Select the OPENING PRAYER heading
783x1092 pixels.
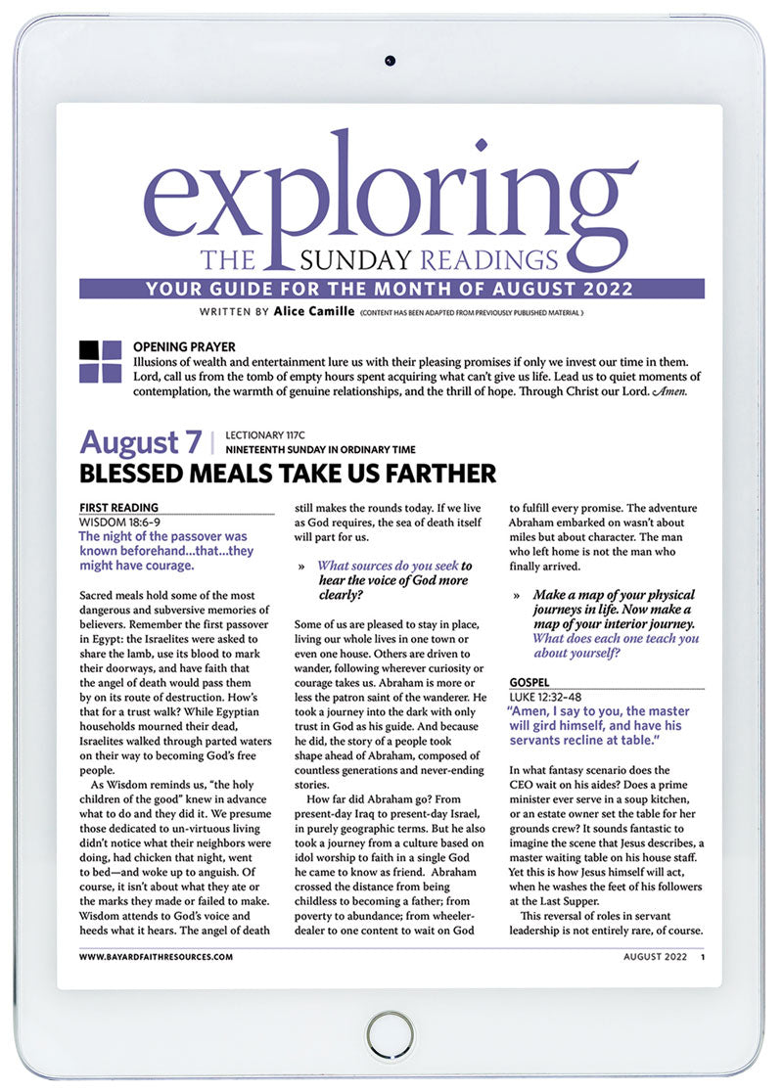pos(184,346)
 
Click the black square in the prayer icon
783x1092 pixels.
pos(90,350)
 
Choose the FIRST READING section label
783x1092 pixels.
pos(117,508)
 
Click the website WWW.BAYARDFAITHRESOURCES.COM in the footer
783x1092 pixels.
pos(156,957)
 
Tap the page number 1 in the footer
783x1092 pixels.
pos(703,957)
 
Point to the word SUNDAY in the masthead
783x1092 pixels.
pos(369,261)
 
